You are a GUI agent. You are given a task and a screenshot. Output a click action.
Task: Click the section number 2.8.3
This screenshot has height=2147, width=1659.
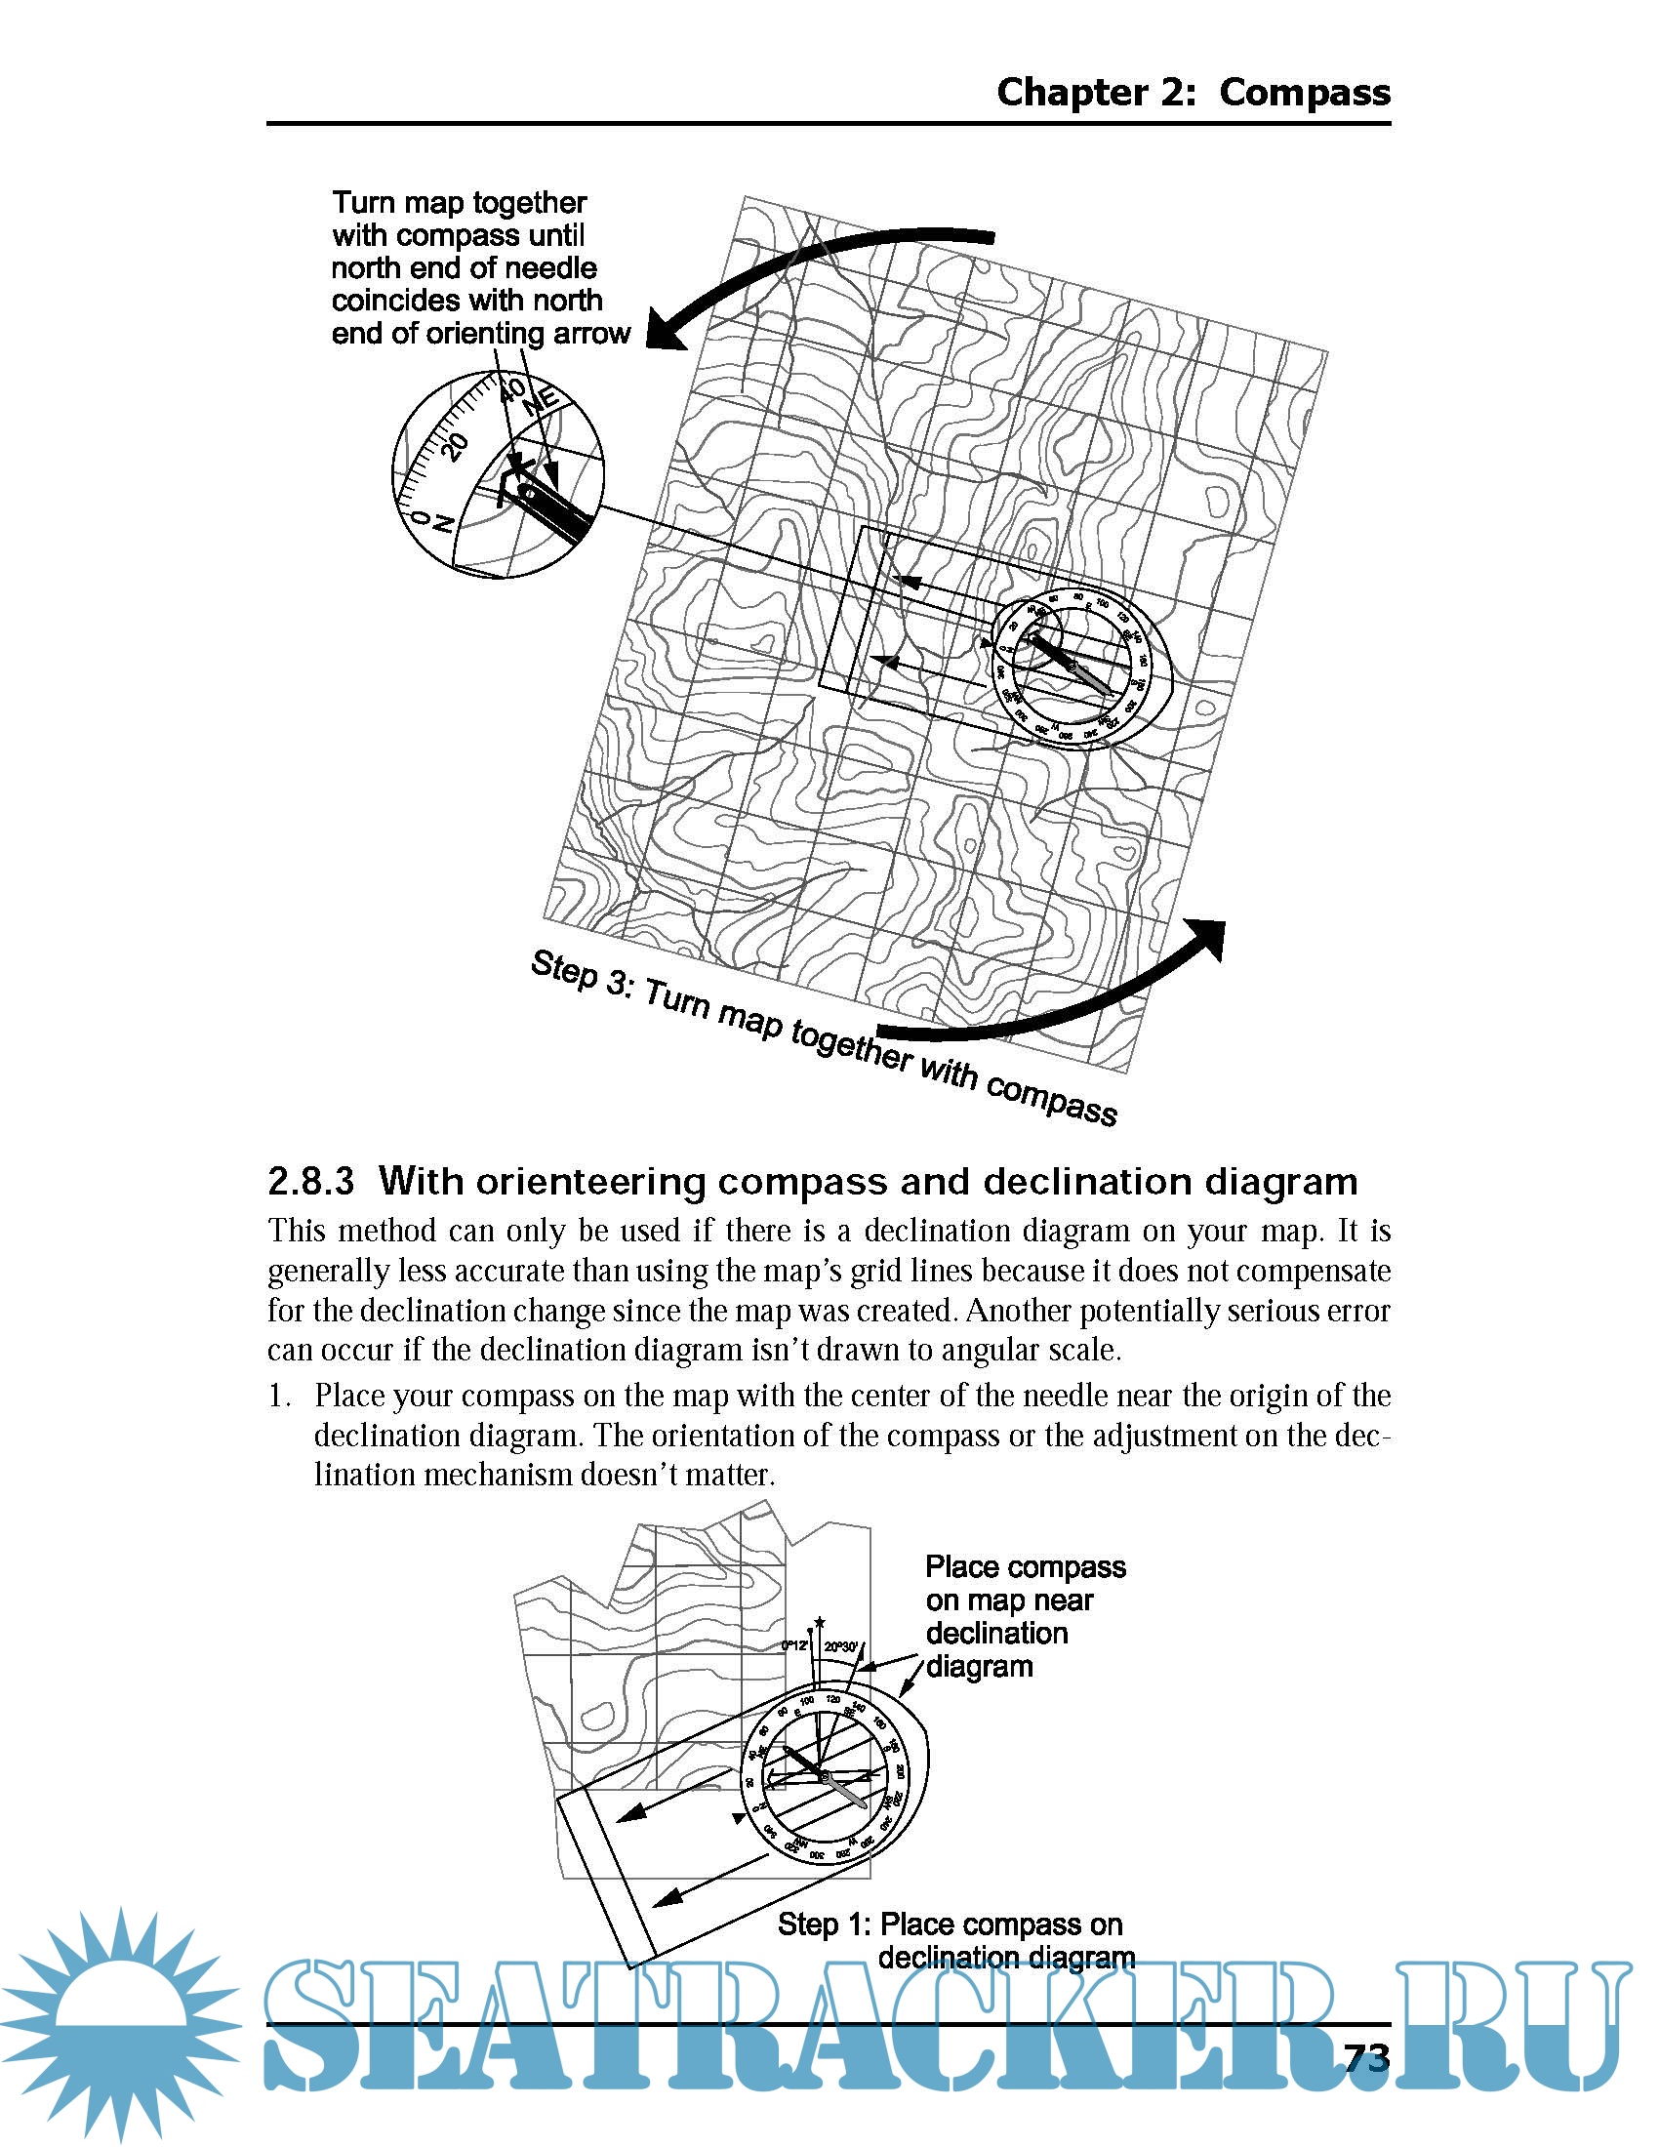pos(310,1181)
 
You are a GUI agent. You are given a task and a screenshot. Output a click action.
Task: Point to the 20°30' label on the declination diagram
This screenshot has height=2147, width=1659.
pos(841,1646)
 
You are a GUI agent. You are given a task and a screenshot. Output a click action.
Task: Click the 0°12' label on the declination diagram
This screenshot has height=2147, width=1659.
pos(795,1645)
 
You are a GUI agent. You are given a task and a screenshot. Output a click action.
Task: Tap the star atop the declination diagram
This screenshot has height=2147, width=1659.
pos(820,1622)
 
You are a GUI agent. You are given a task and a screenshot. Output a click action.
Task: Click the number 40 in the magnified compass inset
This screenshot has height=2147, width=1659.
pos(512,390)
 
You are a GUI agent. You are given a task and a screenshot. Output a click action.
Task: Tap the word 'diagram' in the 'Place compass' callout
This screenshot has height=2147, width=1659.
pos(979,1666)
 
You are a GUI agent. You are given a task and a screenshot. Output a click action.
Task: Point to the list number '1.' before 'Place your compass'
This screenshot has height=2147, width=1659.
pos(280,1396)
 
